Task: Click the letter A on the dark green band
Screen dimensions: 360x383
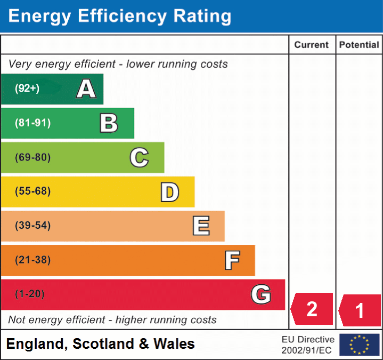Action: click(86, 89)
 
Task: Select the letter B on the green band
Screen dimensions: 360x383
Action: click(109, 123)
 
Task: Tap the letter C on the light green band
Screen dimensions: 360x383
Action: click(139, 158)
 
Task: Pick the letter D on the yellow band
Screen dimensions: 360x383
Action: click(169, 192)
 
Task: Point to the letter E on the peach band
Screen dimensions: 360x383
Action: click(201, 226)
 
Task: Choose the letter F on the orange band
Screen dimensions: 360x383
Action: click(232, 260)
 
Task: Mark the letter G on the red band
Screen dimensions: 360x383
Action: click(261, 294)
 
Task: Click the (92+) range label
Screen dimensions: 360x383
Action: click(27, 89)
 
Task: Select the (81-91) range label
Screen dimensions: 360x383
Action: click(33, 123)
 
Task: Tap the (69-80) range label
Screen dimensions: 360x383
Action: click(33, 157)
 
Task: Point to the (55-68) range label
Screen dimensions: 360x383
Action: click(33, 191)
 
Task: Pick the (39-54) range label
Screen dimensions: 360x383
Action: click(33, 226)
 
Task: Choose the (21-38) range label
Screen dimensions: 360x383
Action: click(33, 260)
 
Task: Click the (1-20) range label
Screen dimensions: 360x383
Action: click(30, 294)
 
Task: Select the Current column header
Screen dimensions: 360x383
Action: click(312, 45)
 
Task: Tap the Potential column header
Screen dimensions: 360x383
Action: click(359, 45)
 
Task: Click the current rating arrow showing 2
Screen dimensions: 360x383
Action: click(312, 309)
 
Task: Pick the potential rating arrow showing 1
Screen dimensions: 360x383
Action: click(360, 310)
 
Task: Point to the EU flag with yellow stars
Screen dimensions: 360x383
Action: click(359, 345)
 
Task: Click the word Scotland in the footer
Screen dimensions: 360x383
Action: click(101, 344)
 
